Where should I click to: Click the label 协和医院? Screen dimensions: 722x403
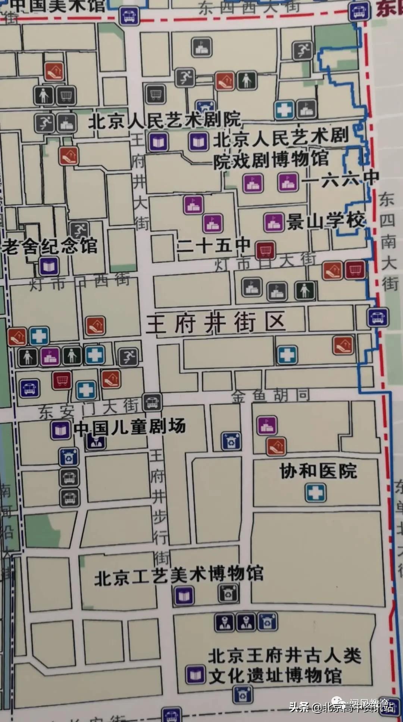[x=318, y=471]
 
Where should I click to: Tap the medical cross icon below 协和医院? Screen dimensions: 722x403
[x=315, y=493]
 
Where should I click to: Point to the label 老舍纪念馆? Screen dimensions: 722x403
[x=49, y=246]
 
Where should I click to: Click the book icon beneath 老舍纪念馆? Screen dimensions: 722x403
[x=49, y=267]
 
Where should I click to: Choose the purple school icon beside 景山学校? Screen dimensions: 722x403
[x=274, y=223]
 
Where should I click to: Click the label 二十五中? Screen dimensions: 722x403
[x=213, y=245]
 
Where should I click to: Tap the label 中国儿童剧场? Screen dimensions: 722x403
[x=129, y=427]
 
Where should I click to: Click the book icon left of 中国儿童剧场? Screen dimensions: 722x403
[x=61, y=431]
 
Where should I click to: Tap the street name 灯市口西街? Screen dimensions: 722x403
[x=79, y=282]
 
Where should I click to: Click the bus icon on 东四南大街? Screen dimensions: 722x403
[x=378, y=317]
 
